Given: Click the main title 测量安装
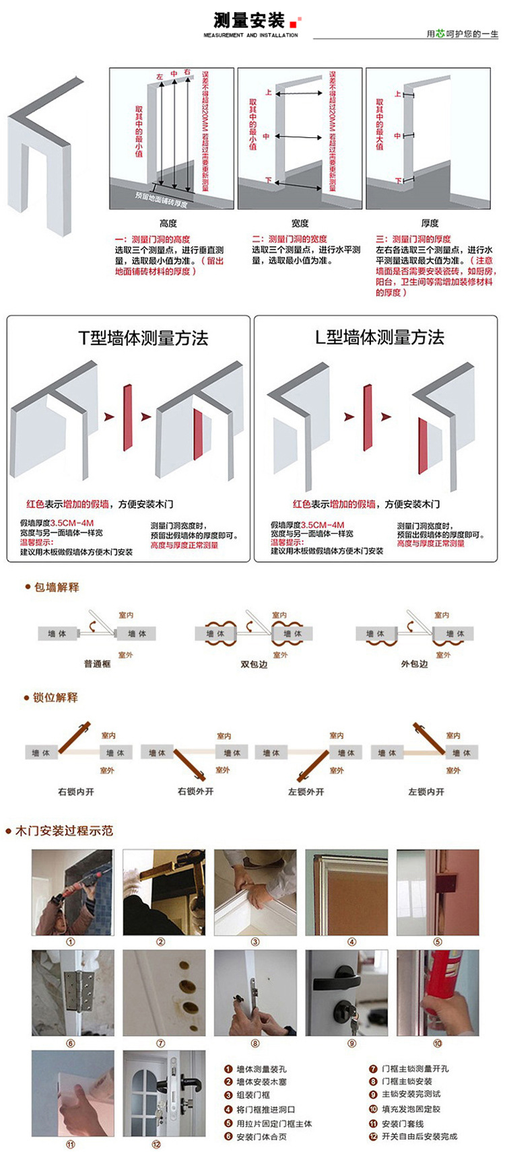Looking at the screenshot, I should point(249,21).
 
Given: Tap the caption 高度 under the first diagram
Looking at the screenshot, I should point(168,223).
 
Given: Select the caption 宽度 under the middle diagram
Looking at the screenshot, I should point(300,223).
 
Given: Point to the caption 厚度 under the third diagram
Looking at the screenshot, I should point(430,223).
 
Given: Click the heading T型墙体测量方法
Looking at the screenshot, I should point(143,338).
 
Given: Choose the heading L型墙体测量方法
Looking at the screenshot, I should point(380,337).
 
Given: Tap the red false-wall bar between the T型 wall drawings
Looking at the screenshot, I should point(127,417).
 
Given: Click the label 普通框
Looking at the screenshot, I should point(97,663).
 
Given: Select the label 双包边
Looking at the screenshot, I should point(254,663).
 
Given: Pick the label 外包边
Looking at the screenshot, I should point(414,663).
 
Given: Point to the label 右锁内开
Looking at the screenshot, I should point(76,792).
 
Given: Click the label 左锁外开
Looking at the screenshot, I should point(306,792).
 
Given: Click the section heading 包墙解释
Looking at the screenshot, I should point(57,587).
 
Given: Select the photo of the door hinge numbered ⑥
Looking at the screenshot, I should point(73,992).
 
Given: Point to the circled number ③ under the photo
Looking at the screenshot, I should point(255,942).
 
